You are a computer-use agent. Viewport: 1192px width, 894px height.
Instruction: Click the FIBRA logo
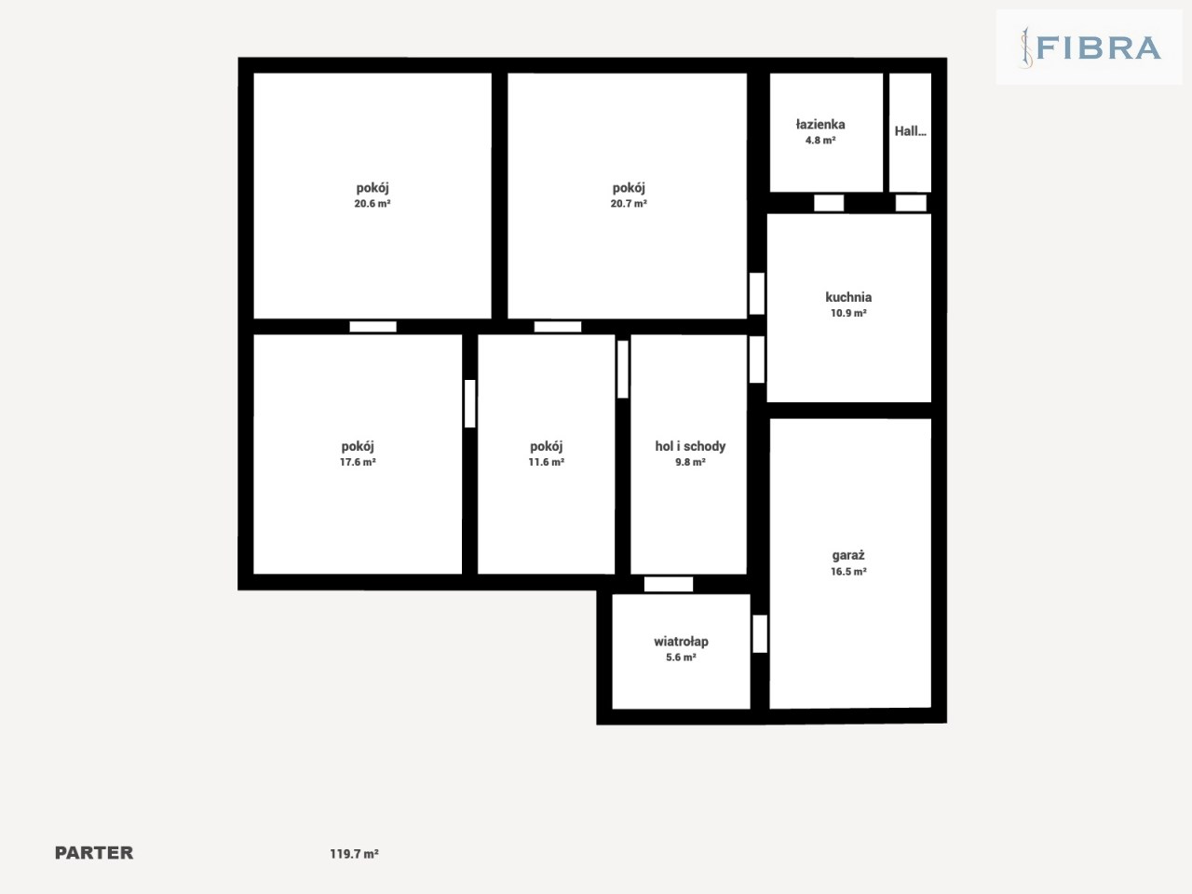[1090, 47]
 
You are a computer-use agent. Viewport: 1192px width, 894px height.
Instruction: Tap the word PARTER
[94, 853]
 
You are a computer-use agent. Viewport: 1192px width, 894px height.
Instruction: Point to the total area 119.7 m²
[354, 854]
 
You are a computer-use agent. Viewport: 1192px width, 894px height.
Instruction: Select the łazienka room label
[820, 124]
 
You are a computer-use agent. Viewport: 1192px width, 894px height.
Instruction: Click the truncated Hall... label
[910, 130]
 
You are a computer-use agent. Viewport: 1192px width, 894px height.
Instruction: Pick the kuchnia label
[848, 297]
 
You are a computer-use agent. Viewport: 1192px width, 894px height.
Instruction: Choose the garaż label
[847, 556]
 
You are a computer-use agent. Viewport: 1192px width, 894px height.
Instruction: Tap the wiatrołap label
[681, 642]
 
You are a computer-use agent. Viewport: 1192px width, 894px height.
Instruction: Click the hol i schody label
[690, 446]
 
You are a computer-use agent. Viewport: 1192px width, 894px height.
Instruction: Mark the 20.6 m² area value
[372, 204]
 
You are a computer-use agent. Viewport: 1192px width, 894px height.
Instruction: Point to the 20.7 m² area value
[629, 204]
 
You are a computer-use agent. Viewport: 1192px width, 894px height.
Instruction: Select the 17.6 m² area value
[358, 462]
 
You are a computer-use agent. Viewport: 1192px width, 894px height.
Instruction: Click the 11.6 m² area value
[546, 462]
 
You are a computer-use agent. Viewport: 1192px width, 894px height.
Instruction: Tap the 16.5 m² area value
[847, 572]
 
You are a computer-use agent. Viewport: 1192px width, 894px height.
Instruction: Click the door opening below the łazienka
[829, 203]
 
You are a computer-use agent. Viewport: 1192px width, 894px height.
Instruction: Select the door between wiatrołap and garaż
[760, 633]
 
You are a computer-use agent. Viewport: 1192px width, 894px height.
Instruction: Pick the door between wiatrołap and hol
[669, 584]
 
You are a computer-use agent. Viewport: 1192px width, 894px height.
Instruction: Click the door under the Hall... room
[911, 203]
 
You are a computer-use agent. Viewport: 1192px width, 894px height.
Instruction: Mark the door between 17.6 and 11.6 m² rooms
[469, 403]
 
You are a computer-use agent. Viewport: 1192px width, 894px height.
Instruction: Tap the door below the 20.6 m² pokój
[372, 327]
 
